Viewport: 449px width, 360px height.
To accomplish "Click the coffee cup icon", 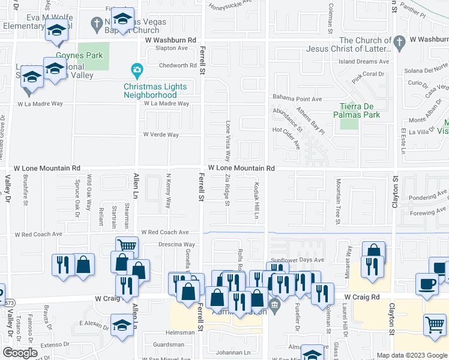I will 427,284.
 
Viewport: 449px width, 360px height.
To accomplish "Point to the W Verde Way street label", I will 161,135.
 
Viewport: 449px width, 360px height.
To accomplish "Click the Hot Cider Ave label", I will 286,130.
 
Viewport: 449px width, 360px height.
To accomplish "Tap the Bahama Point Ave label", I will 298,98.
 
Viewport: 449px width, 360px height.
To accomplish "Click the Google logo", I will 20,353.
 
